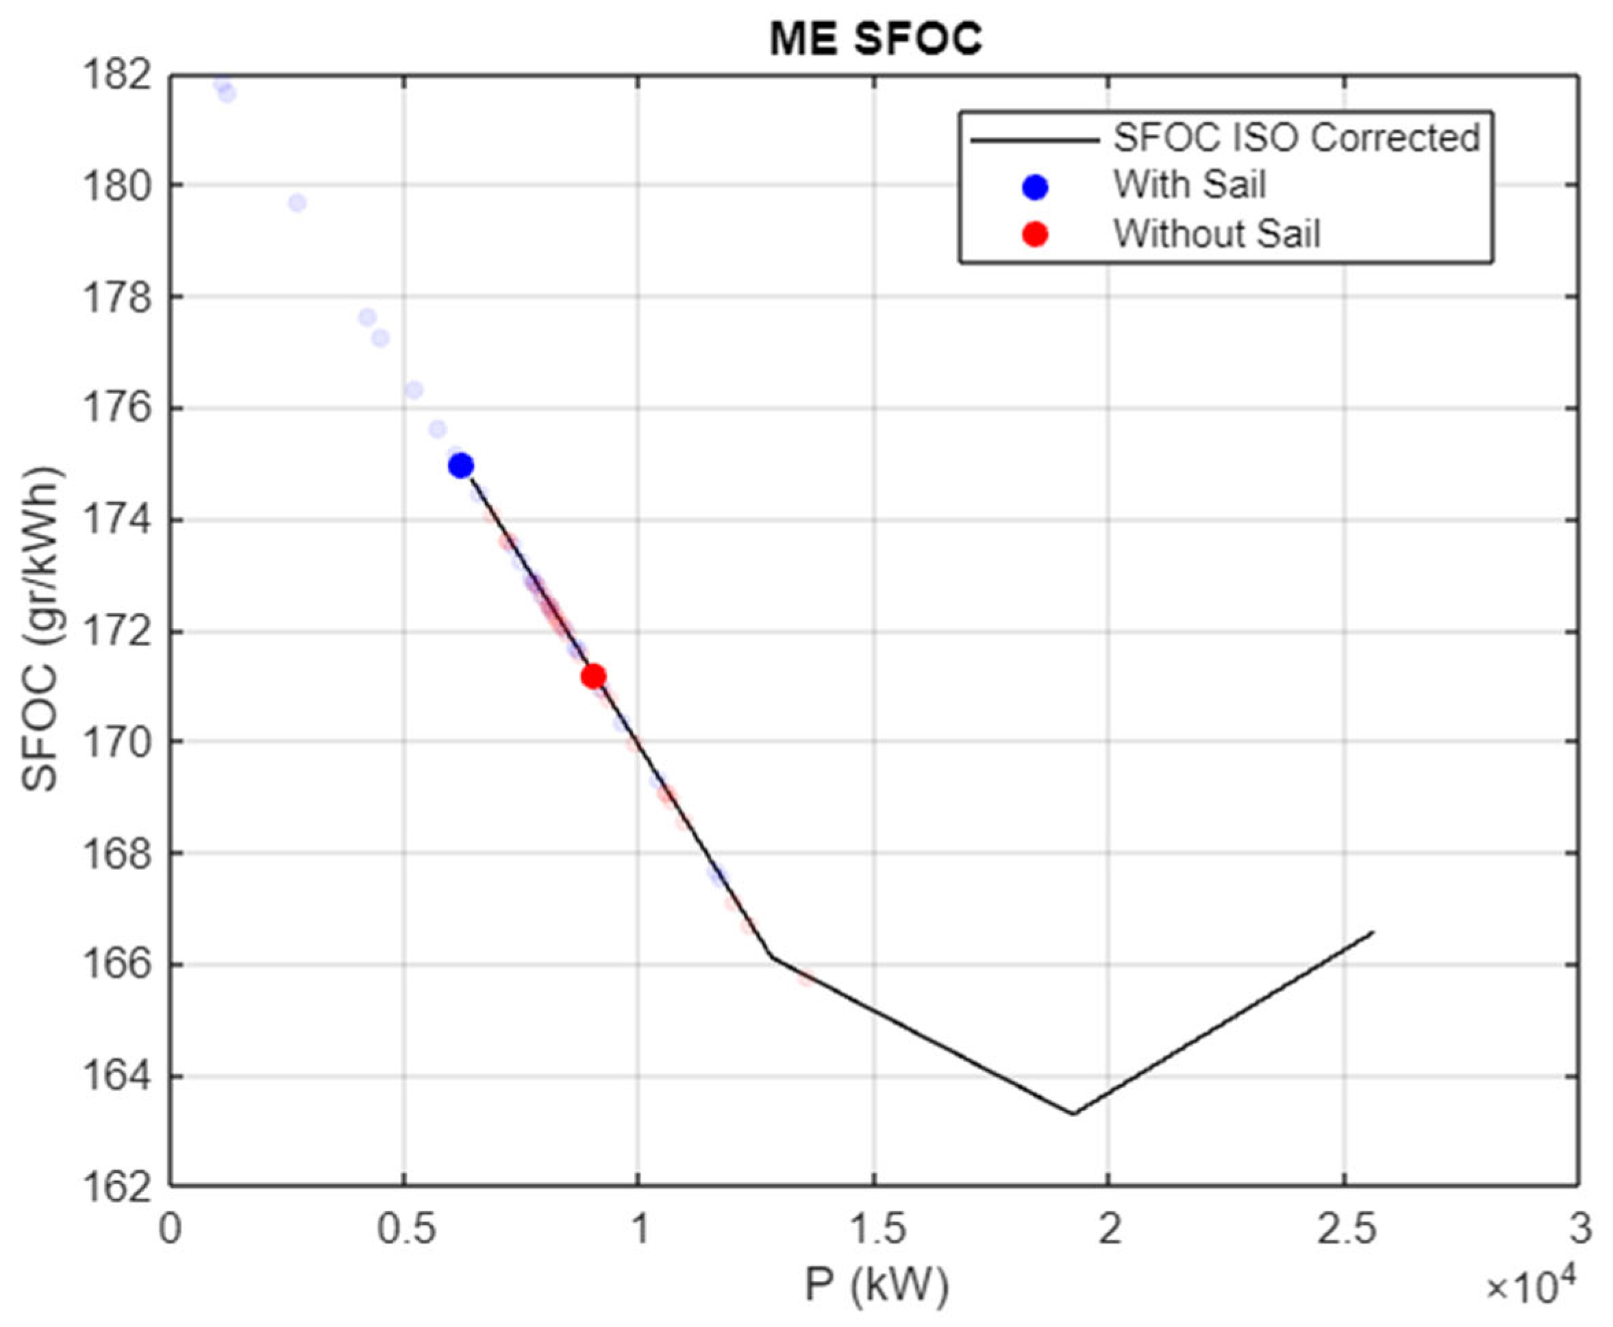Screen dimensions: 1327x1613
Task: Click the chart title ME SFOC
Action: coord(875,38)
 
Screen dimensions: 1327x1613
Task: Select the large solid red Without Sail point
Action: coord(593,675)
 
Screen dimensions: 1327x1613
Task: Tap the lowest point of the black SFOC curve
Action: coord(1073,1113)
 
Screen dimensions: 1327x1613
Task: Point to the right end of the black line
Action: coord(1373,932)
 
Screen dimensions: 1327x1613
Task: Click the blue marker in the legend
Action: coord(1035,187)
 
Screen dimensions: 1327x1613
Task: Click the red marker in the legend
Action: coord(1035,234)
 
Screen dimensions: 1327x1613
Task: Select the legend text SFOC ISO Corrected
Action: coord(1296,138)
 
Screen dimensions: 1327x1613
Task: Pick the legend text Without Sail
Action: coord(1216,234)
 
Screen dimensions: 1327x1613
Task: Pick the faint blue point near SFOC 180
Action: coord(297,203)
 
